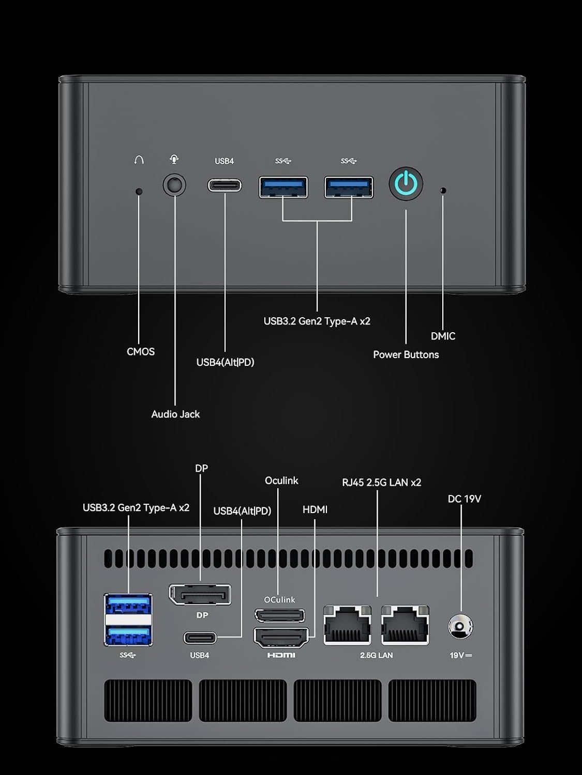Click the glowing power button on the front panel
406,183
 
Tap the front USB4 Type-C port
225,185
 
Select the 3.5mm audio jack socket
174,185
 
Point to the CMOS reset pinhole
139,191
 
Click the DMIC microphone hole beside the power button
442,190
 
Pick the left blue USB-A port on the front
283,187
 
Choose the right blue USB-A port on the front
349,187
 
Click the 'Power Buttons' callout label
406,354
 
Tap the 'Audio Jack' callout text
175,414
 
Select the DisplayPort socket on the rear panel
200,594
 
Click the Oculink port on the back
279,615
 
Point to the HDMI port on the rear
281,637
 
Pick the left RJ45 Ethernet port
347,625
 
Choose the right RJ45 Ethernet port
405,625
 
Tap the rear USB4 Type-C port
200,638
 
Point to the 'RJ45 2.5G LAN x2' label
381,482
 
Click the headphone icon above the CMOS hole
139,160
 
